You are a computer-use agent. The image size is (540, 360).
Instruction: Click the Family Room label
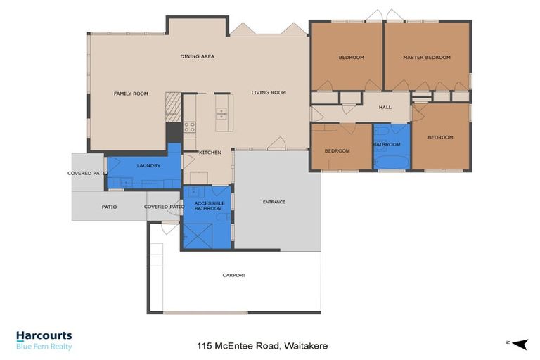(131, 94)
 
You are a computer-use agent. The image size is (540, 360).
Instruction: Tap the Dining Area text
(197, 56)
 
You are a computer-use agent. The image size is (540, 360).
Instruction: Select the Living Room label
(269, 92)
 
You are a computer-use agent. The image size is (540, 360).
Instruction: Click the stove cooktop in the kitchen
(189, 127)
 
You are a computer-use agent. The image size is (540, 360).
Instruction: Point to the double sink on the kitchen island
(222, 111)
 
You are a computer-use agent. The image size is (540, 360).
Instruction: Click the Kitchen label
(210, 153)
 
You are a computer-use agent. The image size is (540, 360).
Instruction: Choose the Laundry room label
(148, 166)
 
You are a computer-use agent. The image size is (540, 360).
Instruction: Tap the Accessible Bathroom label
(209, 205)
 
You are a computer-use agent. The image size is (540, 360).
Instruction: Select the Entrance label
(274, 202)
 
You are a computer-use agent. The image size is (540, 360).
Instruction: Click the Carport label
(234, 275)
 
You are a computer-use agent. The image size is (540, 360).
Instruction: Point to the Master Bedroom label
(426, 57)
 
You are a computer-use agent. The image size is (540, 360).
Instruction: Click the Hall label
(385, 107)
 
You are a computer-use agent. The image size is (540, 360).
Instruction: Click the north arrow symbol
(520, 343)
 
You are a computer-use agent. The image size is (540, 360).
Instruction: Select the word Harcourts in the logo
(44, 336)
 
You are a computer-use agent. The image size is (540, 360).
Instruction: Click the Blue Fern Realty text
(44, 347)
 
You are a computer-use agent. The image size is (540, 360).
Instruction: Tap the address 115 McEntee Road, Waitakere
(262, 346)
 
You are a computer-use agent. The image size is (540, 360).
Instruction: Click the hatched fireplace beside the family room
(172, 105)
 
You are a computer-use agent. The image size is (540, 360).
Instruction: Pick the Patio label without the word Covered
(109, 207)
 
